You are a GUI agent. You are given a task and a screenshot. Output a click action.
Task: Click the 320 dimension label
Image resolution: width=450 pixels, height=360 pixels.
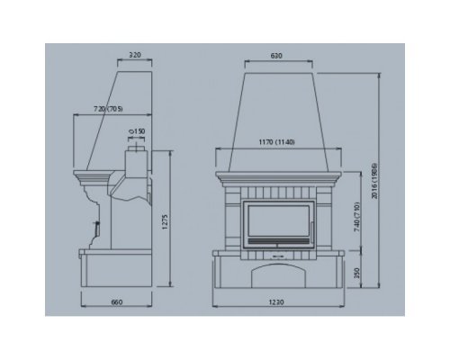pos(135,55)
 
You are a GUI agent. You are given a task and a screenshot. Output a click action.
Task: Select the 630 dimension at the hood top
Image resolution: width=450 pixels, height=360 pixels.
pos(276,56)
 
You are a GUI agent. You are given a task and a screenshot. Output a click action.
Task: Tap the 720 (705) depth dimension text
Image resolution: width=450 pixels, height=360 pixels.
pos(108,109)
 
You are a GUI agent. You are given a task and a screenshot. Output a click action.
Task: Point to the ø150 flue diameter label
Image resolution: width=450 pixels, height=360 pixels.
pos(137,131)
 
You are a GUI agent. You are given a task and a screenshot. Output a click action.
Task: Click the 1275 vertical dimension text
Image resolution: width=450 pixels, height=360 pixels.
pos(165,222)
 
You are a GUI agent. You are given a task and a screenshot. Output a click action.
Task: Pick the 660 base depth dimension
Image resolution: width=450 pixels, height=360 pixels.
pos(117,302)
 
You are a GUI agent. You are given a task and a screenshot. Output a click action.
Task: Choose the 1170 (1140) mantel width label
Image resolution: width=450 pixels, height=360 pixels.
pos(276,142)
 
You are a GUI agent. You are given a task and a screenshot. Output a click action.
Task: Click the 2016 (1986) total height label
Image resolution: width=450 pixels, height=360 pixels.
pos(374,181)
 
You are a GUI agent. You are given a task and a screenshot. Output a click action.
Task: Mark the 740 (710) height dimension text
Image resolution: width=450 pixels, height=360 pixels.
pos(356,217)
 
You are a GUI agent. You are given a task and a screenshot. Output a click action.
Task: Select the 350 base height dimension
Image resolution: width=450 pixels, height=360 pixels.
pos(356,273)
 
